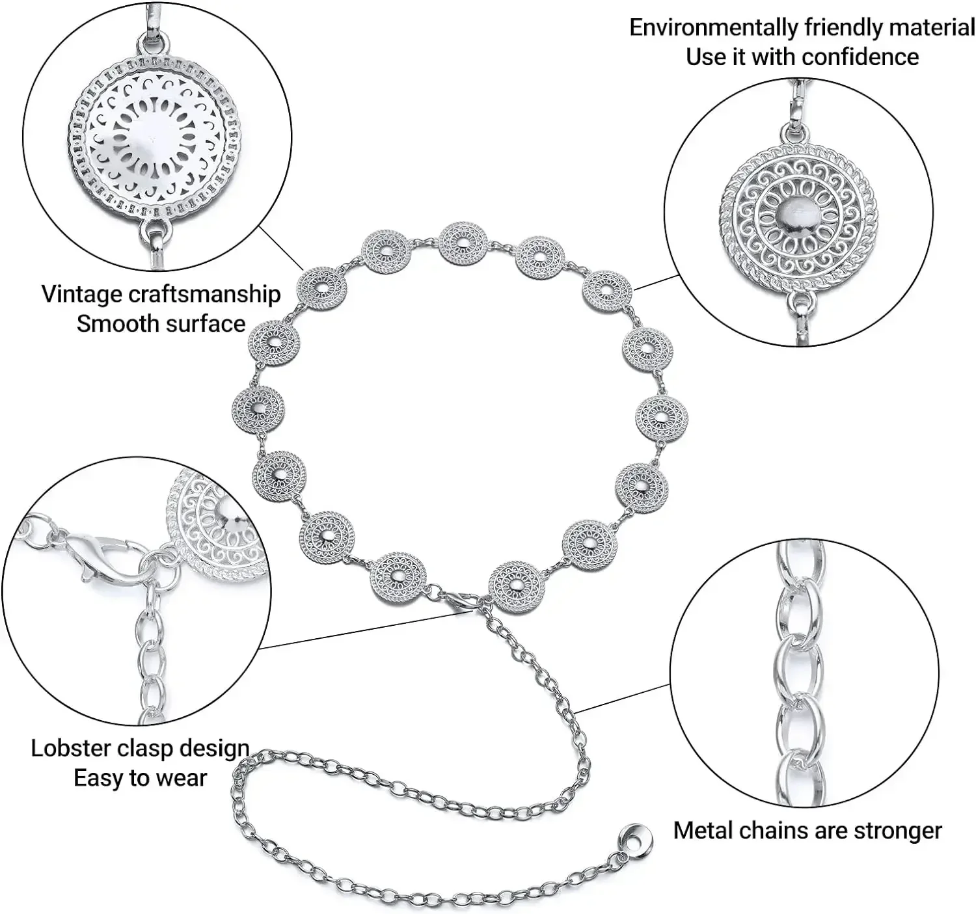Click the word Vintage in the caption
pos(81,294)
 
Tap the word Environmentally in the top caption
pos(713,28)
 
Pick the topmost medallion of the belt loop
pos(463,244)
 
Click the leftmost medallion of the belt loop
pos(258,409)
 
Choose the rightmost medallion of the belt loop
pos(661,418)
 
